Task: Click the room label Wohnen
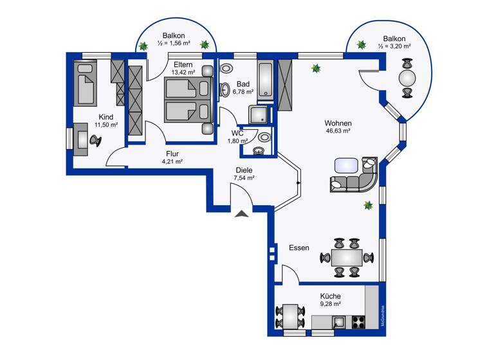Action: (338, 122)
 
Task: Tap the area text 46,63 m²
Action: (338, 130)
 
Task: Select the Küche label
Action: (330, 296)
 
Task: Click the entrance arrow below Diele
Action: (241, 214)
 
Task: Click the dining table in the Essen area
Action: (346, 258)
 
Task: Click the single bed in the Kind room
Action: (86, 85)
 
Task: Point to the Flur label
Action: (172, 154)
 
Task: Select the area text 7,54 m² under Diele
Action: (244, 178)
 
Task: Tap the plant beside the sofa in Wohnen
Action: (368, 206)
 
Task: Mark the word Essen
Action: (298, 248)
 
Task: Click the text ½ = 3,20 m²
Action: (394, 46)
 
